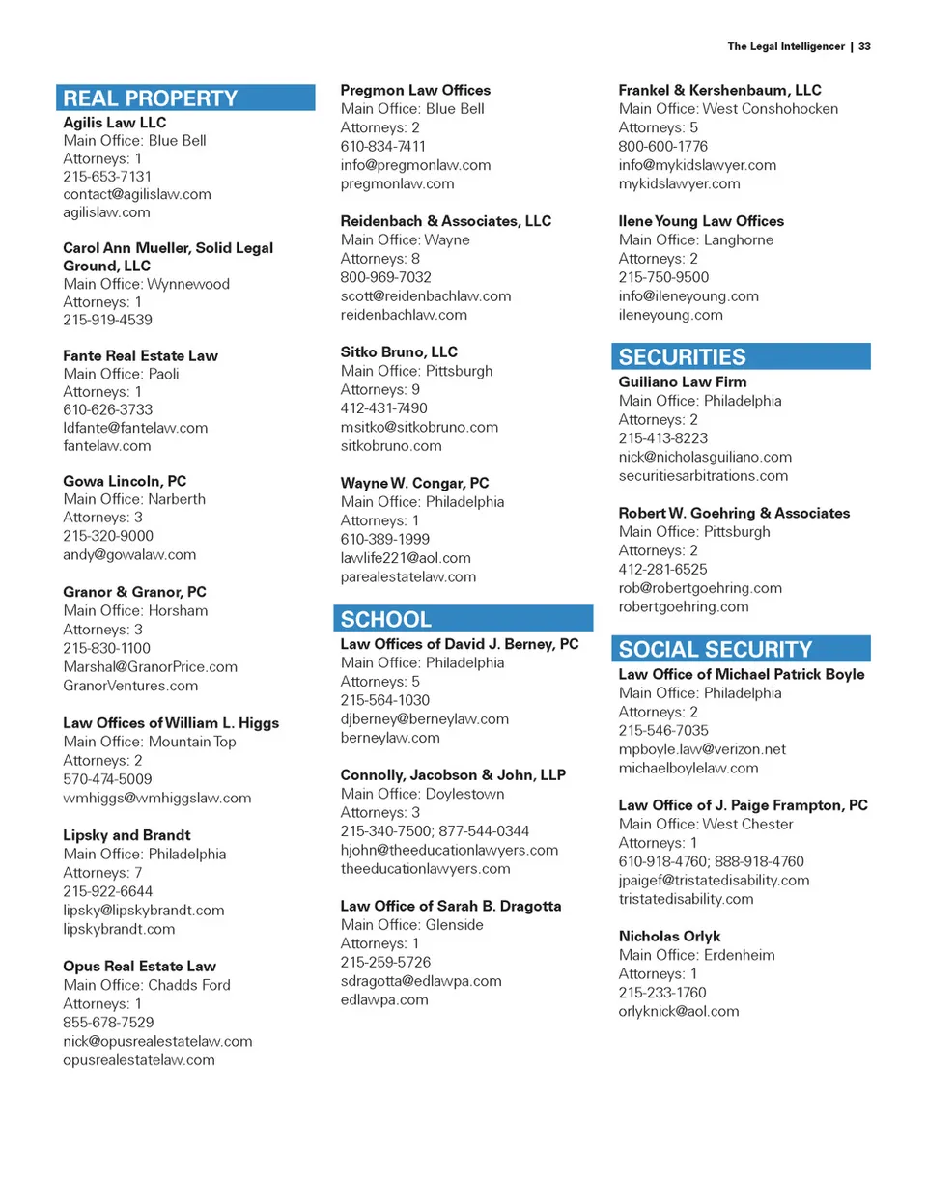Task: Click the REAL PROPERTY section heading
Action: [x=151, y=98]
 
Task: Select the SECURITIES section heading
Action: [x=683, y=357]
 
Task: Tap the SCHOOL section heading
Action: [x=386, y=619]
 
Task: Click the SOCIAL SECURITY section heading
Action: [x=716, y=649]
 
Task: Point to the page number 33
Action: [x=864, y=45]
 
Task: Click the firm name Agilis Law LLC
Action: [x=114, y=123]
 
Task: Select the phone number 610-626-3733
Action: [x=107, y=409]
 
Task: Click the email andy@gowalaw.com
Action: [x=129, y=554]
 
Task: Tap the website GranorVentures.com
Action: [x=130, y=686]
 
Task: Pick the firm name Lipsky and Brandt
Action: [x=126, y=835]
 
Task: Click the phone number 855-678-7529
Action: [x=108, y=1023]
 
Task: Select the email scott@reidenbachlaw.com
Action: [x=426, y=295]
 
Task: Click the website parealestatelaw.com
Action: [x=408, y=576]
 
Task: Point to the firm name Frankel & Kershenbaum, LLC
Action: [x=719, y=91]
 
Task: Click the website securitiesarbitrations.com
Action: [x=703, y=475]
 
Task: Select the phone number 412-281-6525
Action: [x=663, y=570]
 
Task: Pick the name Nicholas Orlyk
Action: [x=669, y=937]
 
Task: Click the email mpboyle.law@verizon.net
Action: [x=688, y=749]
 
